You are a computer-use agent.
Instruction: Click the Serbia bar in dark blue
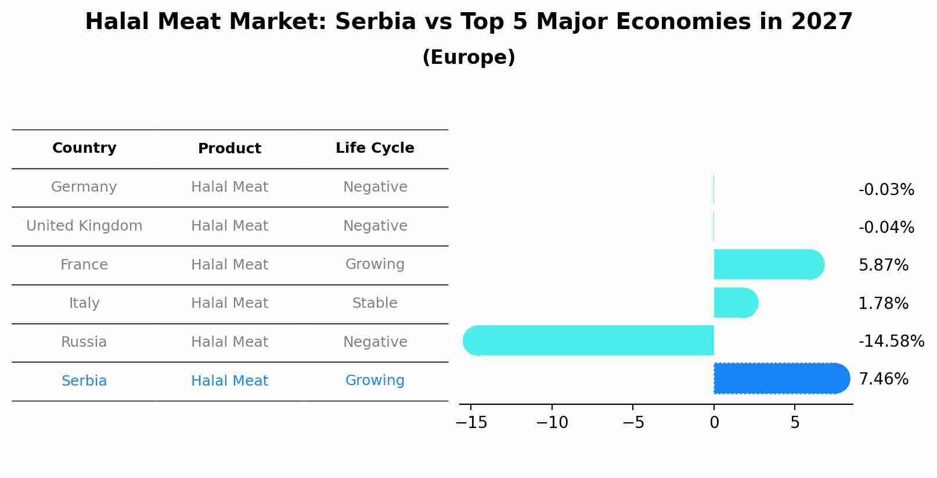[x=781, y=378]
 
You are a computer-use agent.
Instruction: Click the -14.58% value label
[x=891, y=341]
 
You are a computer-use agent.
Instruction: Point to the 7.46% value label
[x=883, y=379]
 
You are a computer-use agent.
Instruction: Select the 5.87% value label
[x=883, y=265]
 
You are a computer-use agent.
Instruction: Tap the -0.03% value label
[x=886, y=190]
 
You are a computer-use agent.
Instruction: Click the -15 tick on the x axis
[x=471, y=423]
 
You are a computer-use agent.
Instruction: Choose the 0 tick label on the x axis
[x=714, y=423]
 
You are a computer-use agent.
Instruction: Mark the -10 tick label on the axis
[x=552, y=423]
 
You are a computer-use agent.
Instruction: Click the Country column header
[x=84, y=148]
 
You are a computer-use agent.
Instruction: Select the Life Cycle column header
[x=375, y=148]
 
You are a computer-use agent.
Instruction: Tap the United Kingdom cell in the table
[x=84, y=226]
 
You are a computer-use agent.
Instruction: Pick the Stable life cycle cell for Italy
[x=375, y=303]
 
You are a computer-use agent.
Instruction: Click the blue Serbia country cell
[x=84, y=381]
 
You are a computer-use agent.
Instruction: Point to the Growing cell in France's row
[x=375, y=264]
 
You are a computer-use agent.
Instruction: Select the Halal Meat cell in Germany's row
[x=229, y=187]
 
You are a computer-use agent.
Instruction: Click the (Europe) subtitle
[x=468, y=57]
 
